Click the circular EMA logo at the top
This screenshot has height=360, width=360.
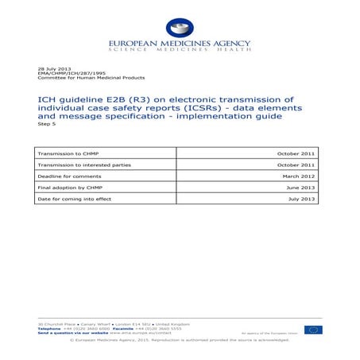tap(180, 28)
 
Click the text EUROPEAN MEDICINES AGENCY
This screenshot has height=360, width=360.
tap(180, 44)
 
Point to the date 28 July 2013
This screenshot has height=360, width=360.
tap(52, 70)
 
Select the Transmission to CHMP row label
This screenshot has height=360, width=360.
tap(67, 151)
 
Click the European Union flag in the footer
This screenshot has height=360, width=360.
tap(313, 329)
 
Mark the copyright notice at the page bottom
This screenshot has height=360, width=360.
tap(180, 339)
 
